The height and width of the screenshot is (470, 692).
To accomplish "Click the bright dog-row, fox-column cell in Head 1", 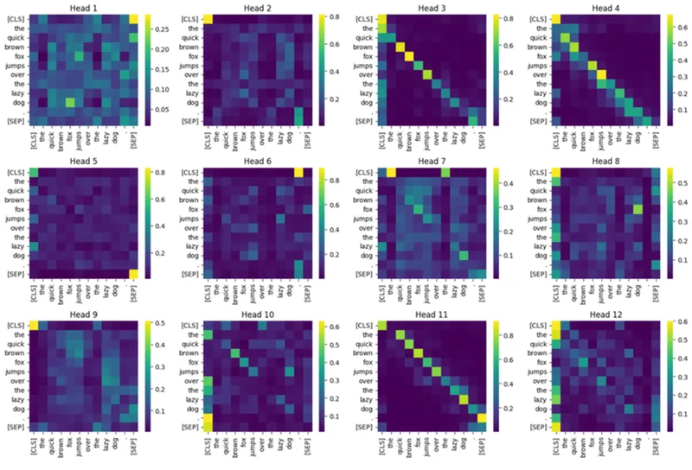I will (70, 102).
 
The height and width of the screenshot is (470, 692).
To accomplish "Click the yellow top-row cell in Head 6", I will (298, 172).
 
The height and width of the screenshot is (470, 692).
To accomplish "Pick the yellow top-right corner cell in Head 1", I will (131, 19).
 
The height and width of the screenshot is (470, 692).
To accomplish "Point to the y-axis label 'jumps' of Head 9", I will (18, 376).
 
